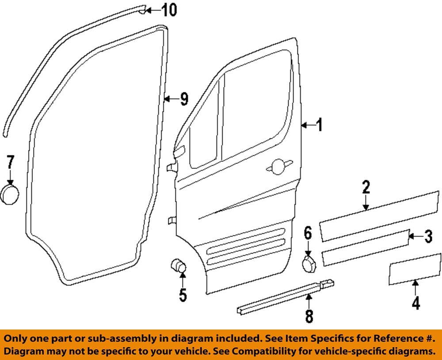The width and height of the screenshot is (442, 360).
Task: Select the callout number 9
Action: (183, 99)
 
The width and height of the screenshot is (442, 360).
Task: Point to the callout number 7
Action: (10, 163)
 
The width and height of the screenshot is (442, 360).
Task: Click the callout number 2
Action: (366, 187)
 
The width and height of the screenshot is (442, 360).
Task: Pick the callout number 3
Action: (427, 237)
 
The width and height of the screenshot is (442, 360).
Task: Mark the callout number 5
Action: (183, 295)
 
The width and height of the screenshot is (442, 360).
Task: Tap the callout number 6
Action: (308, 233)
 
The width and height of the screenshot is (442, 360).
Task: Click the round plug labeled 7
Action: (9, 195)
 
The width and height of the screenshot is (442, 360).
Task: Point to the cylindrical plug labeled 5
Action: (179, 266)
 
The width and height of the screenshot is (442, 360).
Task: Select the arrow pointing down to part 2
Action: (366, 204)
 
